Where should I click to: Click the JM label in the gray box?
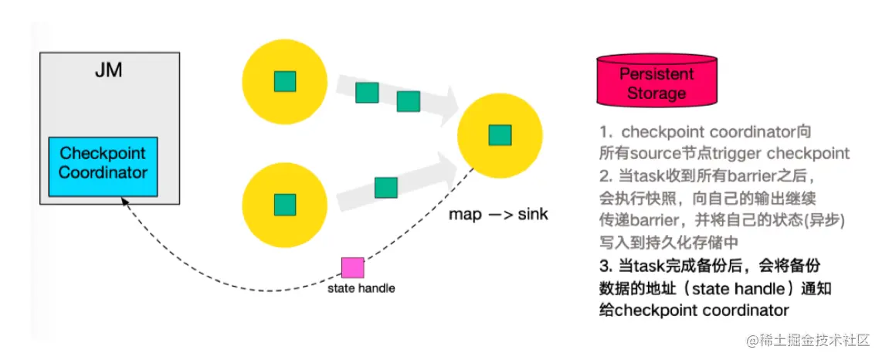coord(109,71)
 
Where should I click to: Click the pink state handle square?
coord(353,267)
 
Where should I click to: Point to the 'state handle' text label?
coord(361,288)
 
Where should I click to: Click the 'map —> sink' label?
coord(498,214)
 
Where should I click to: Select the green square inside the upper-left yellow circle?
coord(285,80)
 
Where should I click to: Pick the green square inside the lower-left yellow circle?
coord(285,205)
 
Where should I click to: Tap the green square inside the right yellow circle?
coord(500,134)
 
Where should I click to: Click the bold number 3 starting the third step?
coord(604,266)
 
